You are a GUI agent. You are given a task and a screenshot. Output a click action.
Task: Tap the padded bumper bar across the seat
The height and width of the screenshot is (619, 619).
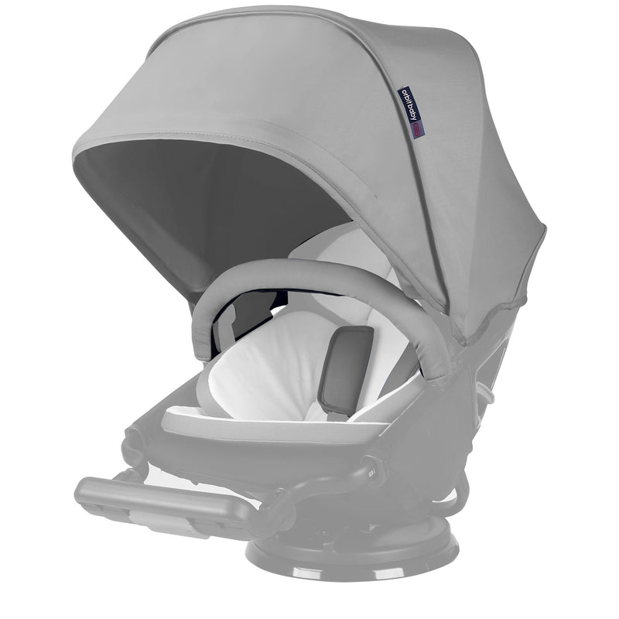(x=325, y=279)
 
